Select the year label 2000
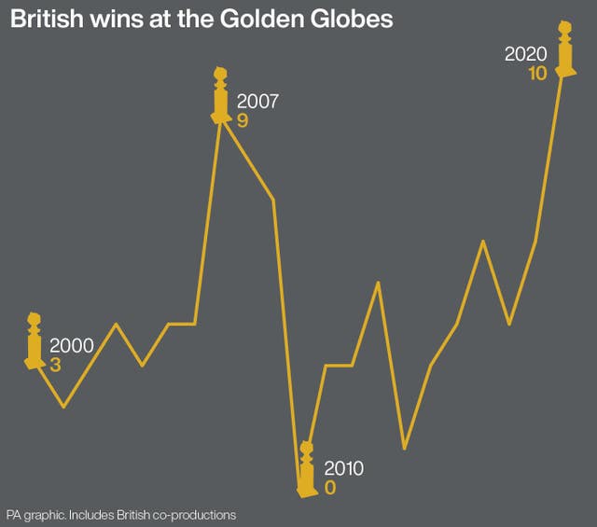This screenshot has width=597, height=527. click(x=71, y=345)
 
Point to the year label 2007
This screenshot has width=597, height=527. click(x=258, y=101)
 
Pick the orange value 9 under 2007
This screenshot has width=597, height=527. click(x=243, y=120)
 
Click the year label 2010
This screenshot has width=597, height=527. click(x=343, y=468)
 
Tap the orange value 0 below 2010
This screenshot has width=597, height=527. click(x=329, y=488)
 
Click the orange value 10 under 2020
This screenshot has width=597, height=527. click(x=536, y=74)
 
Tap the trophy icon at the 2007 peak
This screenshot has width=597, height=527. click(x=221, y=95)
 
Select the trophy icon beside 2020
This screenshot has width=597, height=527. click(x=564, y=50)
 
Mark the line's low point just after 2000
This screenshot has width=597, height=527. click(x=63, y=407)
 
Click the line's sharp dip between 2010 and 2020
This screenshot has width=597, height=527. click(x=404, y=449)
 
